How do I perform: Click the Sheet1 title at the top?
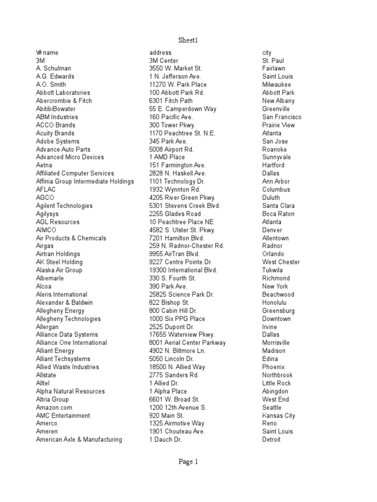pyautogui.click(x=188, y=40)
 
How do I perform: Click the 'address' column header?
pyautogui.click(x=161, y=52)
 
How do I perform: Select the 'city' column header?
pyautogui.click(x=267, y=52)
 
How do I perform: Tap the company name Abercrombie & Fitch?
pyautogui.click(x=64, y=100)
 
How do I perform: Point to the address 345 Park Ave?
pyautogui.click(x=168, y=141)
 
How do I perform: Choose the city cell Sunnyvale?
pyautogui.click(x=276, y=157)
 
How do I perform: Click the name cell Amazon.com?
pyautogui.click(x=54, y=407)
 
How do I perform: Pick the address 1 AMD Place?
pyautogui.click(x=167, y=157)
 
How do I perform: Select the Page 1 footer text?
pyautogui.click(x=188, y=461)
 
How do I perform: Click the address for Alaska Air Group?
pyautogui.click(x=183, y=270)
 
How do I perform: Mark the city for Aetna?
pyautogui.click(x=273, y=165)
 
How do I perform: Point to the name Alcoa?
pyautogui.click(x=44, y=286)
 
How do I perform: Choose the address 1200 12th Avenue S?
pyautogui.click(x=178, y=407)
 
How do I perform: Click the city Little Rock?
pyautogui.click(x=276, y=383)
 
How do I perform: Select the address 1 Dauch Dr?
pyautogui.click(x=165, y=440)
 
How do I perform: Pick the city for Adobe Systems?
pyautogui.click(x=273, y=141)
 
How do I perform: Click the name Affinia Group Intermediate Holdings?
pyautogui.click(x=85, y=181)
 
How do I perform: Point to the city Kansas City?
pyautogui.click(x=279, y=416)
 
